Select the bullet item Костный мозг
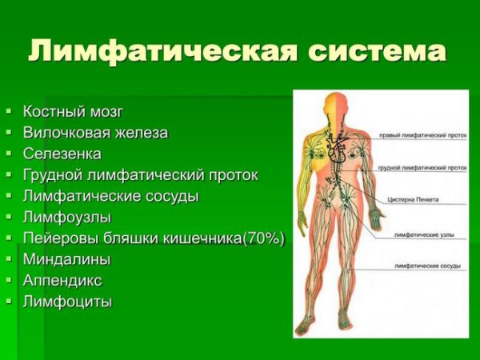[x=73, y=111]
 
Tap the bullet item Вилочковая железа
[x=95, y=133]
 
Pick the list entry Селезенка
[x=62, y=154]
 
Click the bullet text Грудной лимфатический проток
[x=140, y=175]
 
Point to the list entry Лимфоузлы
[x=67, y=218]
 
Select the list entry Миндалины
[x=67, y=260]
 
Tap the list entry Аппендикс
[x=62, y=281]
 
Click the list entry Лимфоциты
[x=67, y=302]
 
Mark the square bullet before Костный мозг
[x=9, y=111]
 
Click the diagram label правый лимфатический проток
[x=422, y=135]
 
